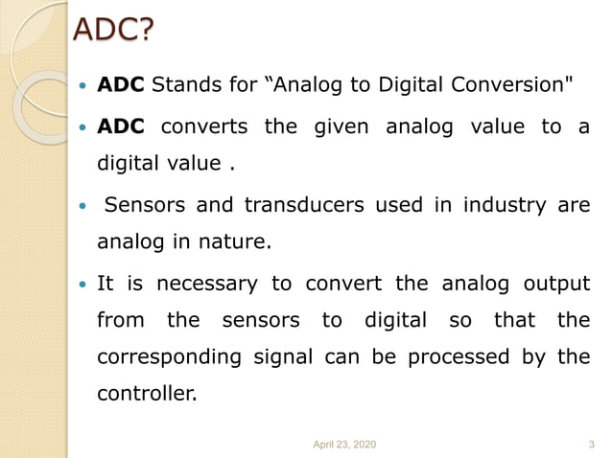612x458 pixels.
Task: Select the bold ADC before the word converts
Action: (x=121, y=126)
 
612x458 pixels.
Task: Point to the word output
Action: (x=555, y=284)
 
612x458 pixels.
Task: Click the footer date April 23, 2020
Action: (x=345, y=444)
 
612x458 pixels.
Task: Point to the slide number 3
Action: (x=590, y=444)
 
